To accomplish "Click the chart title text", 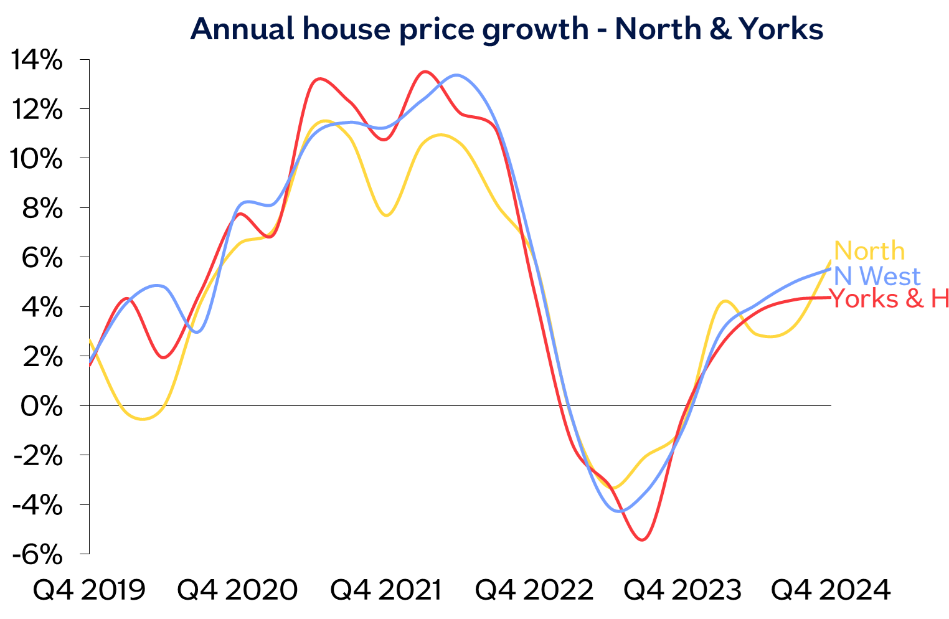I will [x=506, y=29].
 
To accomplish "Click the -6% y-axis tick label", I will [x=37, y=554].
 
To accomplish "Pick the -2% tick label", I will [x=37, y=456].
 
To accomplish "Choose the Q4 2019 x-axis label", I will [x=89, y=589].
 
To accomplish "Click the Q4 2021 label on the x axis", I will [x=386, y=589].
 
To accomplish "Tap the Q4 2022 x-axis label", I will [x=535, y=589].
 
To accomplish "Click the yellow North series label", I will [x=869, y=251].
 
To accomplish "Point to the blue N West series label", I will [x=876, y=276].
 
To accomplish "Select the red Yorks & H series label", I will [x=889, y=299].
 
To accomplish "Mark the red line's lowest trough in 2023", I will [x=641, y=539].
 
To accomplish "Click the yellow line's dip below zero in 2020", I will [x=143, y=419].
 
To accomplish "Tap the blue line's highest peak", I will [x=456, y=75].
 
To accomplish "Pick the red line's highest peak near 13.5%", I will [x=425, y=72].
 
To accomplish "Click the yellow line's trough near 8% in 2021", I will [x=387, y=215].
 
